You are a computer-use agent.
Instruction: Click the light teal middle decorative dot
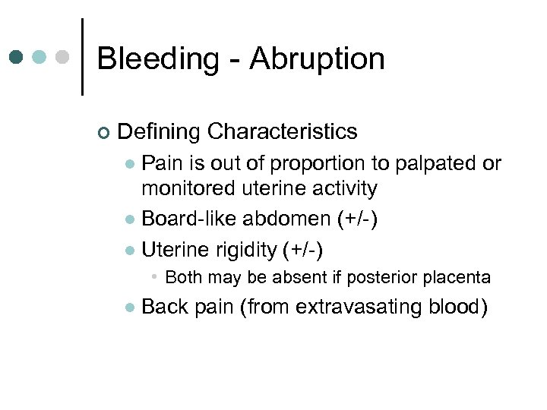coord(40,58)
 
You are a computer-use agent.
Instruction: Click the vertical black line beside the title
coord(82,57)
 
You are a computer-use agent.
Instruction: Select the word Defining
coord(159,132)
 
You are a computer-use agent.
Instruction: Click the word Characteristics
coord(282,132)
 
